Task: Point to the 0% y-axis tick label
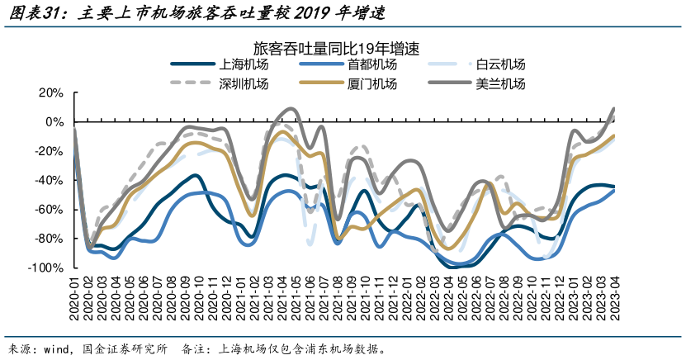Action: click(x=54, y=122)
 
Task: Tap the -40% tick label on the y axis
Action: click(x=49, y=181)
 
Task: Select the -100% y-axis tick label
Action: click(x=46, y=268)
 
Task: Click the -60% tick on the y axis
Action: click(x=49, y=210)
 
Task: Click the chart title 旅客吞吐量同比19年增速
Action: click(x=343, y=46)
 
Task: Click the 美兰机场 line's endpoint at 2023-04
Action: click(x=613, y=108)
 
